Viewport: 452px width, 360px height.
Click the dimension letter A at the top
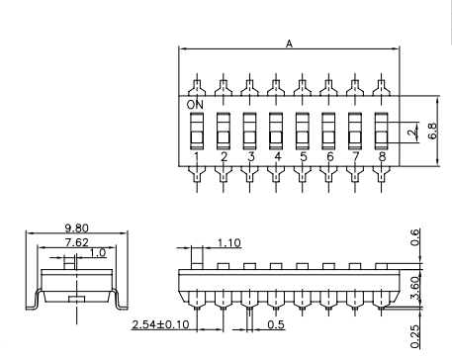coord(289,44)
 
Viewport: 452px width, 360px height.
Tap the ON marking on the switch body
coord(195,105)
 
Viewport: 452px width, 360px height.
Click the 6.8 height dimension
coord(433,131)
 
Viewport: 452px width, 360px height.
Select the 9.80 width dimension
coord(77,227)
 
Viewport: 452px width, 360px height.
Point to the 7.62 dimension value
coord(77,242)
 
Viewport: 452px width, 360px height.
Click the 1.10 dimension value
coord(229,243)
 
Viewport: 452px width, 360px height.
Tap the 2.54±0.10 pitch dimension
coord(161,324)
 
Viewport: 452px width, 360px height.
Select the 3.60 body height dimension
coord(415,288)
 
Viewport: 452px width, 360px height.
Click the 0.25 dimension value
coord(415,336)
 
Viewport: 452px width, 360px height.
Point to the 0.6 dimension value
coord(415,237)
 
